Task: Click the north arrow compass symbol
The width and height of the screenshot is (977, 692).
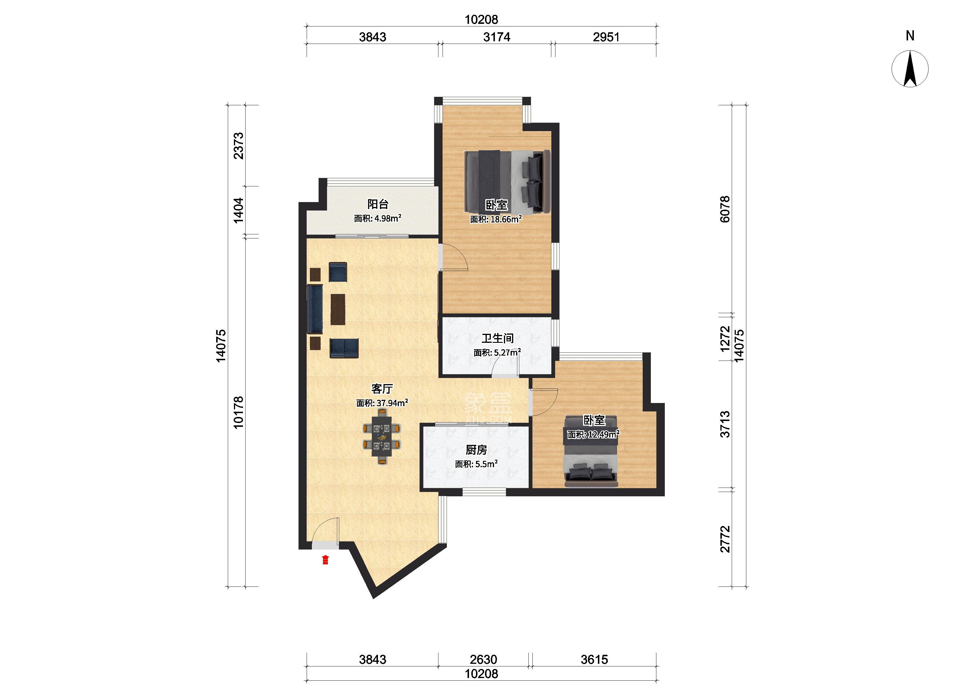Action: point(910,69)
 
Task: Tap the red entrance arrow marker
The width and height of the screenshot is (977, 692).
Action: point(325,559)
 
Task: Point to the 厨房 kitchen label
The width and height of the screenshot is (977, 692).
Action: point(476,450)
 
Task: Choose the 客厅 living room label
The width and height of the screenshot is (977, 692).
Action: point(382,389)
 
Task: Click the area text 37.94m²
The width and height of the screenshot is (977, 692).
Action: point(382,403)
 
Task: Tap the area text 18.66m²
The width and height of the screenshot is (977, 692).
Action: point(496,219)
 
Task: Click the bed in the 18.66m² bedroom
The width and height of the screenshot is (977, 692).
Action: point(507,181)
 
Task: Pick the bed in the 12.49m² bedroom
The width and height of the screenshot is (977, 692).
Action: point(591,452)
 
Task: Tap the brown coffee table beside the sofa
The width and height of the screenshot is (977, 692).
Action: point(338,309)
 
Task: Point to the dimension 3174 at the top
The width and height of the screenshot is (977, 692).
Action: point(497,37)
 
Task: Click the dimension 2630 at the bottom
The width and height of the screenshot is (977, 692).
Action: point(483,660)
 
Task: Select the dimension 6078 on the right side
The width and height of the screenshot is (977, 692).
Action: point(725,209)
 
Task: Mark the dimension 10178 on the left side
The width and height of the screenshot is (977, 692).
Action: point(238,412)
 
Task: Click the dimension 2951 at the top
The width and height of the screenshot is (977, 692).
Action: point(606,37)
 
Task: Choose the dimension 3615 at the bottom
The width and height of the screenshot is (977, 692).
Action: point(594,660)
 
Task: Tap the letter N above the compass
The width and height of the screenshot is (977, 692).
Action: point(910,36)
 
